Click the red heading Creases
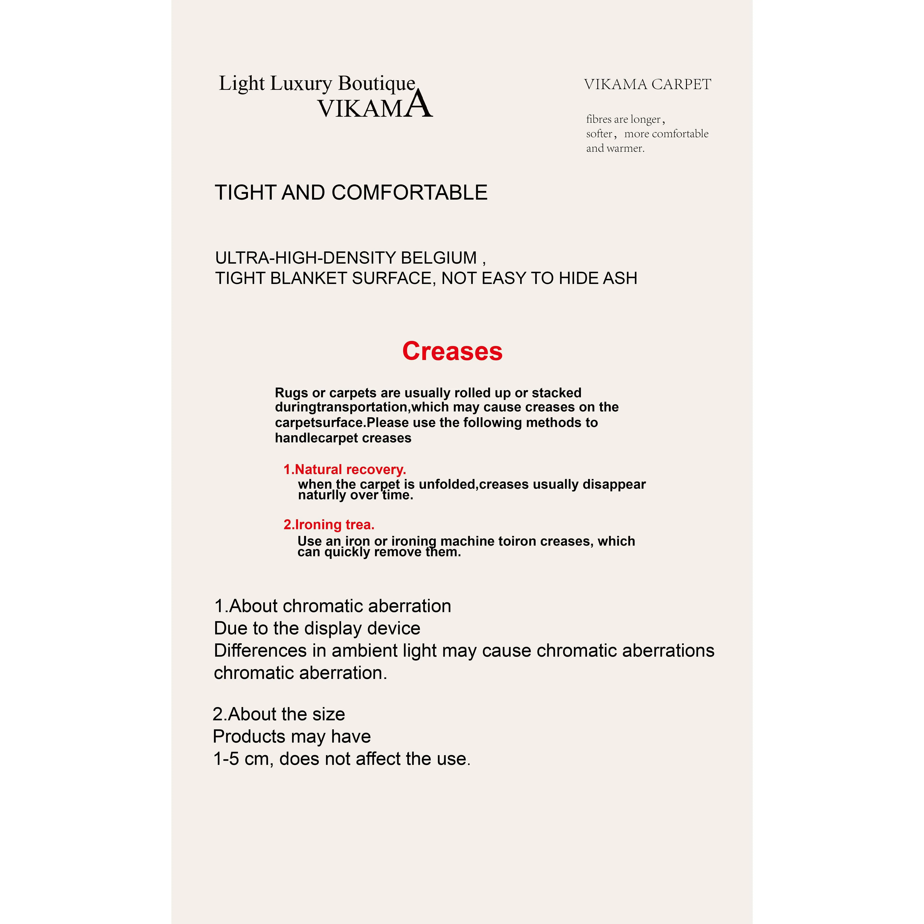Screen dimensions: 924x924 point(452,351)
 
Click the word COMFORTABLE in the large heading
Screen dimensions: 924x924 point(409,193)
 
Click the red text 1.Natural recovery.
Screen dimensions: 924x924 point(344,470)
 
